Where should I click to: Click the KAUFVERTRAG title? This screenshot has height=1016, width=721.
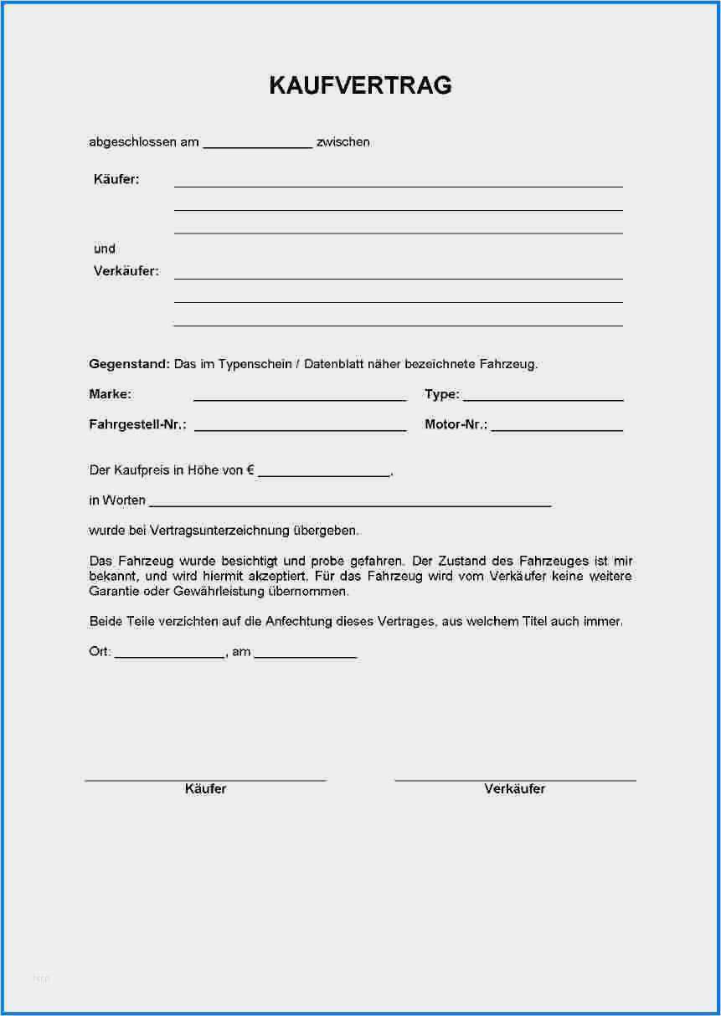[360, 85]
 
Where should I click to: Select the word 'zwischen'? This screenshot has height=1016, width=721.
[343, 142]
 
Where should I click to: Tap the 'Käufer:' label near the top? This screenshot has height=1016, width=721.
[116, 179]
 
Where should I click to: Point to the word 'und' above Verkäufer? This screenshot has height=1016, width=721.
[105, 249]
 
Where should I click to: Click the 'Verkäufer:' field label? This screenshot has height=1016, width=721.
[126, 271]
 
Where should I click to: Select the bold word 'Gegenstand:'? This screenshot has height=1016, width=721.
[129, 364]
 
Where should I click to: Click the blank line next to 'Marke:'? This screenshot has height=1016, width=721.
[300, 399]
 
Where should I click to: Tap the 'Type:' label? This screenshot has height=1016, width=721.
[441, 394]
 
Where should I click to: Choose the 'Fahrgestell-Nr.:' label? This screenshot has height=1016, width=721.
[137, 425]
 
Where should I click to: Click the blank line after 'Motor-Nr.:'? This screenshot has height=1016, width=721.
[557, 429]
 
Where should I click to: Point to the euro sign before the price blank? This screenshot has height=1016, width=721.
[250, 470]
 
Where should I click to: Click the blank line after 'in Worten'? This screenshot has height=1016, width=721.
[350, 505]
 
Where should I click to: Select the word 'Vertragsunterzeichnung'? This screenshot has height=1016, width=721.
[220, 531]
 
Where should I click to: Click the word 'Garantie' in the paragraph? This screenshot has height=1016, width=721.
[112, 592]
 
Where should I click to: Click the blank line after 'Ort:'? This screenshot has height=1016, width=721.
[169, 657]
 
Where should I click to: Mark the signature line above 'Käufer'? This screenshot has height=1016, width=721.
[205, 780]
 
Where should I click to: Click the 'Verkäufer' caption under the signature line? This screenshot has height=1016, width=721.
[514, 789]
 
